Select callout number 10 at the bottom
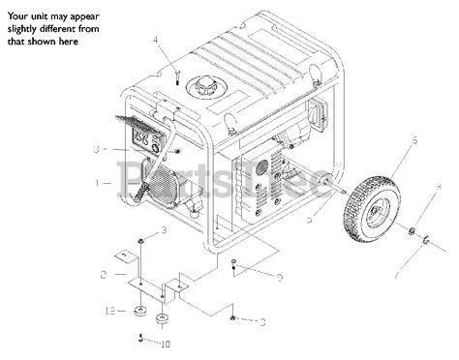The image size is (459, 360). click(x=164, y=343)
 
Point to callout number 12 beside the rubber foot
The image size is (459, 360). click(x=112, y=311)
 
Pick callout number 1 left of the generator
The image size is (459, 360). click(x=98, y=182)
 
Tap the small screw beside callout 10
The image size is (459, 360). click(x=143, y=338)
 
